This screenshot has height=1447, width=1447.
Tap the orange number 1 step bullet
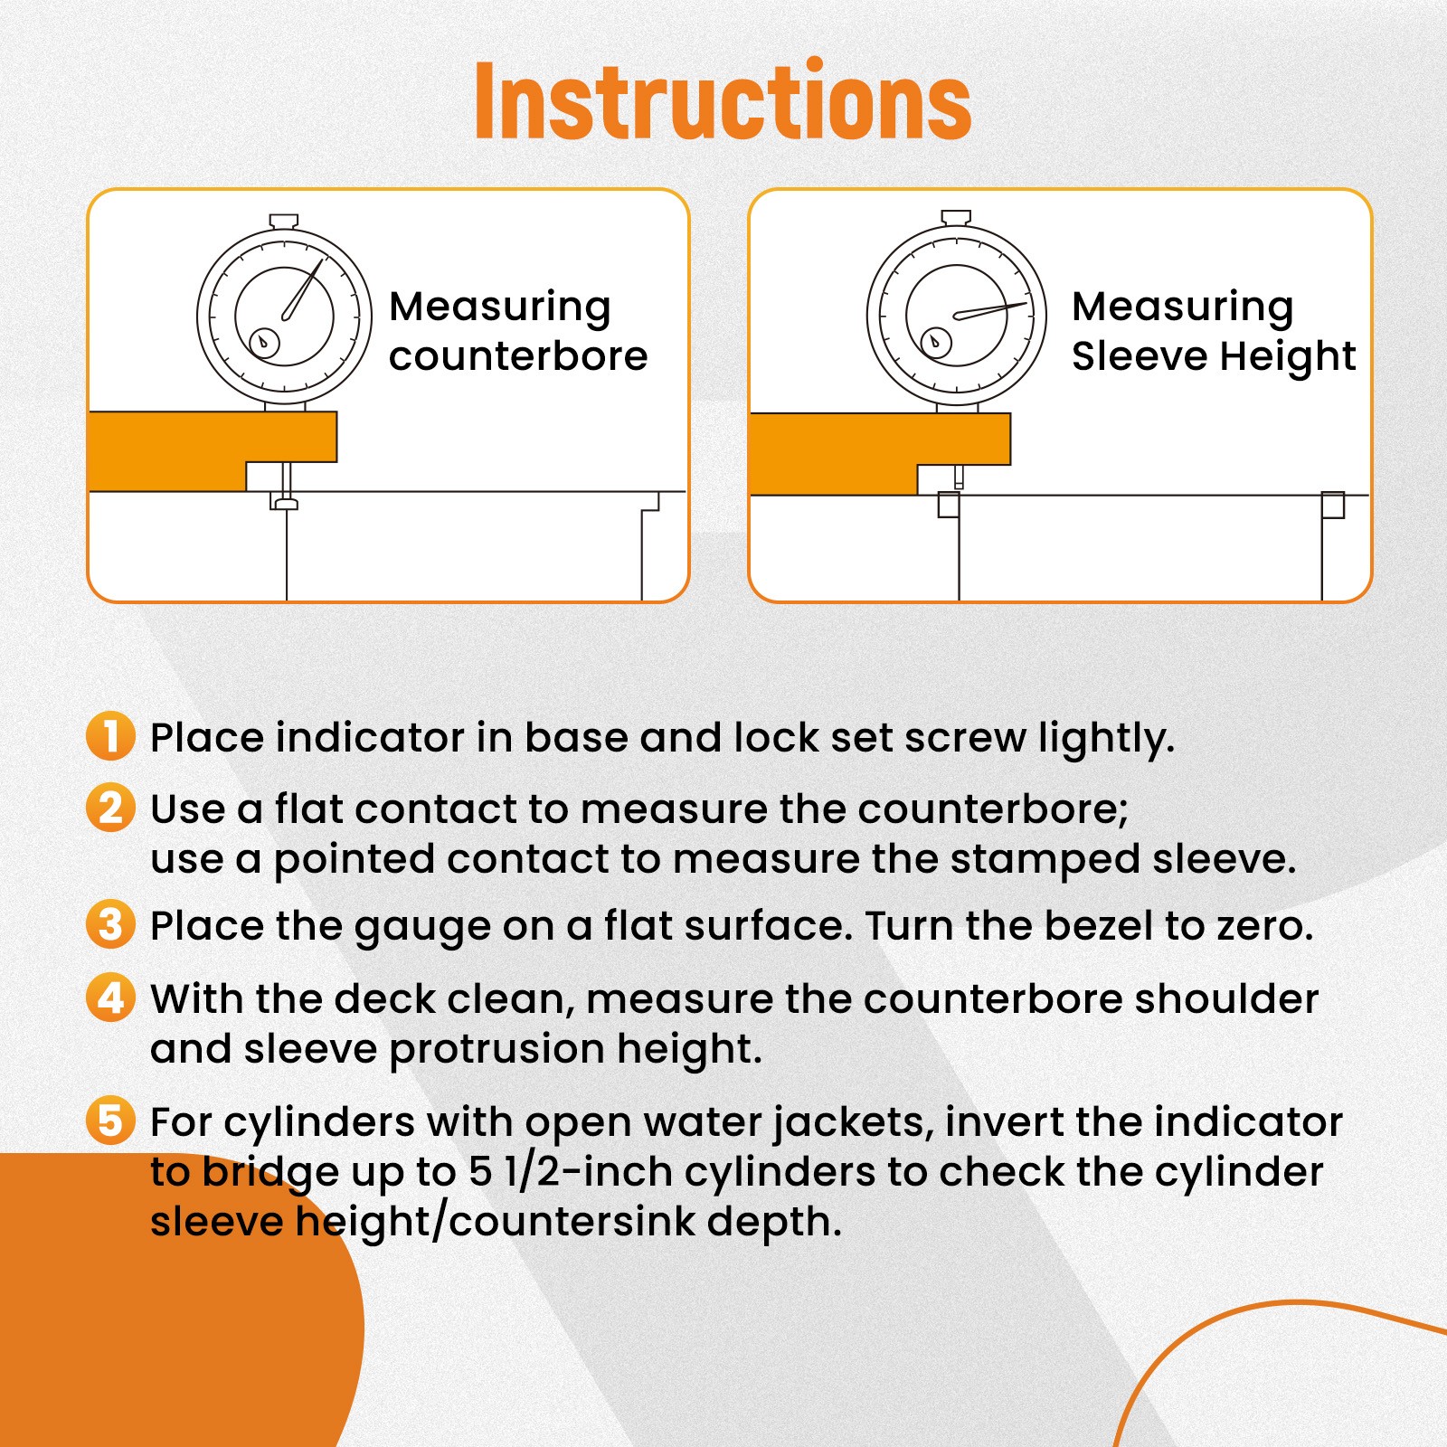coord(110,735)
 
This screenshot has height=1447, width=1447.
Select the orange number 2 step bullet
coord(110,808)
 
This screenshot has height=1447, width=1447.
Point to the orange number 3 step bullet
coord(110,924)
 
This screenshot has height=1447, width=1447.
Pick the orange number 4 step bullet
coord(110,998)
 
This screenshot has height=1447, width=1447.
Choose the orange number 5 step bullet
coord(110,1121)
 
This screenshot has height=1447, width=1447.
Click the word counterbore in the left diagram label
coord(518,356)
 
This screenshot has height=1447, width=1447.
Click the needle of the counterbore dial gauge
coord(303,290)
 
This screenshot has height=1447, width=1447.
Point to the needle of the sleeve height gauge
coord(992,310)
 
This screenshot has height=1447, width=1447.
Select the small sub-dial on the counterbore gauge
coord(264,342)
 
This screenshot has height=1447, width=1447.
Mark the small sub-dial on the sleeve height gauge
coord(935,342)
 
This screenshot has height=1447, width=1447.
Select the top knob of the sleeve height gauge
coord(956,218)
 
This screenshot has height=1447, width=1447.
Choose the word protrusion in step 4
coord(497,1050)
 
